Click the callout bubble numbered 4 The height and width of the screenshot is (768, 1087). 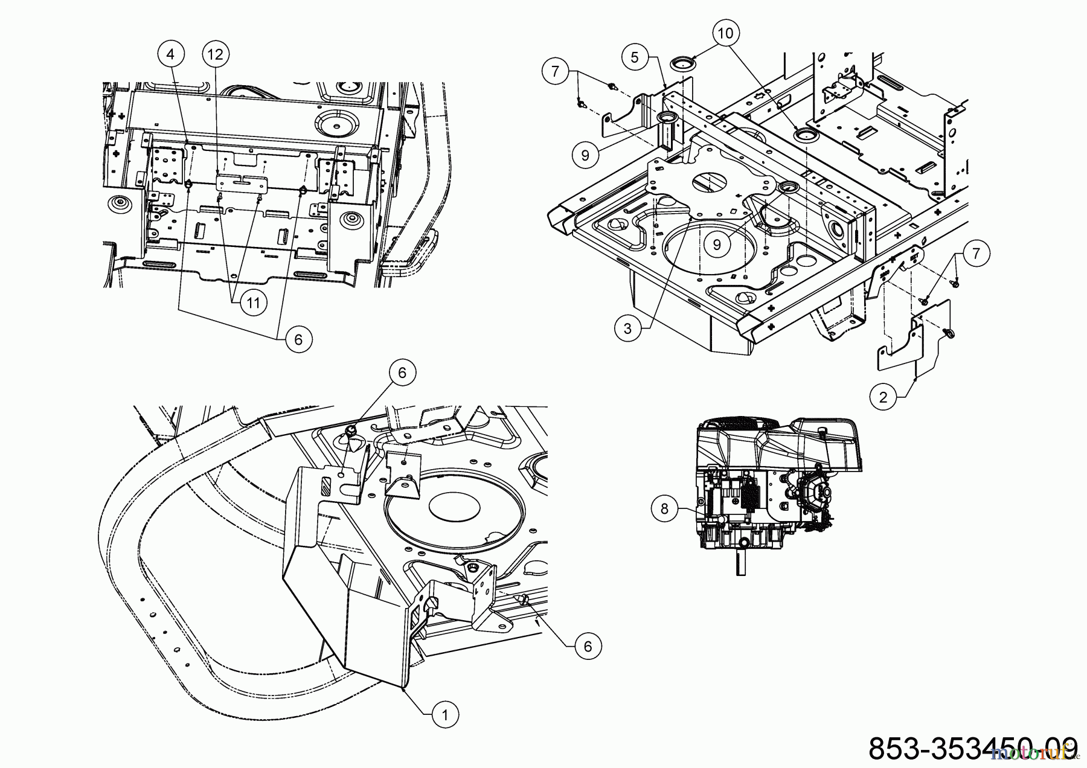[170, 54]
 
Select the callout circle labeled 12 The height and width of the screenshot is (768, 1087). [216, 54]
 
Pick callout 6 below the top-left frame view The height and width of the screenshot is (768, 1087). [298, 339]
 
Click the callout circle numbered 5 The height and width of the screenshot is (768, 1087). [634, 57]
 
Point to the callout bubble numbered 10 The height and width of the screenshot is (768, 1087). [726, 33]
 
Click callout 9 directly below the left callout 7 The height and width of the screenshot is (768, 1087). [585, 155]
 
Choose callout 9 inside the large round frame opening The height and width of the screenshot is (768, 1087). [717, 244]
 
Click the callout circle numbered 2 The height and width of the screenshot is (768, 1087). [883, 397]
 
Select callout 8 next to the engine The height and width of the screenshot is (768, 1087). [665, 509]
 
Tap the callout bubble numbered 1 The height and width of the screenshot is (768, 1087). [445, 715]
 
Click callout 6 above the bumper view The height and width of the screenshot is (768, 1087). [402, 373]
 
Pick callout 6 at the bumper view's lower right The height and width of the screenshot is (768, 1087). [588, 647]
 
